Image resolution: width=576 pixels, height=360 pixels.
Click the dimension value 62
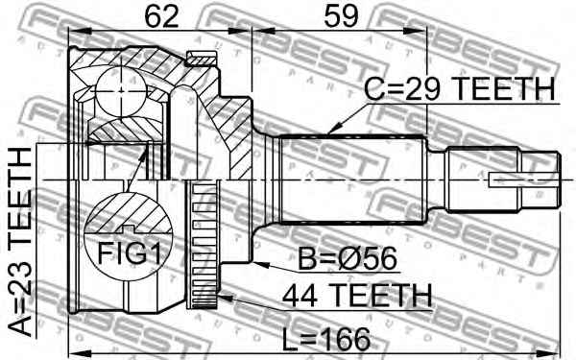pos(161,16)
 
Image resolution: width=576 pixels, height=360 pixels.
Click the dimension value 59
pos(341,16)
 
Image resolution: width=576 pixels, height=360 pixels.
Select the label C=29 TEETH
pos(459,89)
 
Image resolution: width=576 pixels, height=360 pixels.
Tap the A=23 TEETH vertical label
pos(20,243)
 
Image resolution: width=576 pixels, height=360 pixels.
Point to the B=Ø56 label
pos(348,258)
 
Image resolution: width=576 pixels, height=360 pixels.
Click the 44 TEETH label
pos(357,296)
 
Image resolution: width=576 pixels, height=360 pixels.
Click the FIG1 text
pos(129,253)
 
